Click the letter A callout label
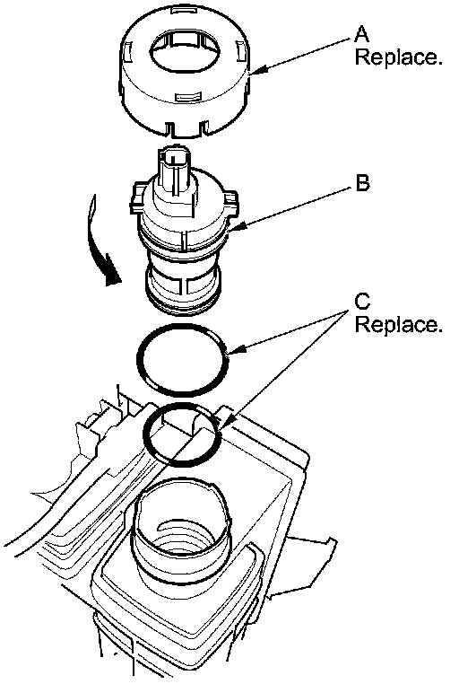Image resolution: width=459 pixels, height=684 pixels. [362, 34]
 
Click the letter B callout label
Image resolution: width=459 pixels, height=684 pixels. [363, 183]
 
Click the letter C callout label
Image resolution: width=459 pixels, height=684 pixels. [362, 301]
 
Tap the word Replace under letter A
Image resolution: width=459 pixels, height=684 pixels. [398, 57]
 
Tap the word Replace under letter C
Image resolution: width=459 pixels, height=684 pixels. [398, 324]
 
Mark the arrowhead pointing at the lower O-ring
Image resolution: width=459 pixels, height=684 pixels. [227, 422]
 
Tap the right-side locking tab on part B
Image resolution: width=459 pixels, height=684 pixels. [230, 201]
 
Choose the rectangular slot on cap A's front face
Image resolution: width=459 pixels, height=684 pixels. [187, 97]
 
